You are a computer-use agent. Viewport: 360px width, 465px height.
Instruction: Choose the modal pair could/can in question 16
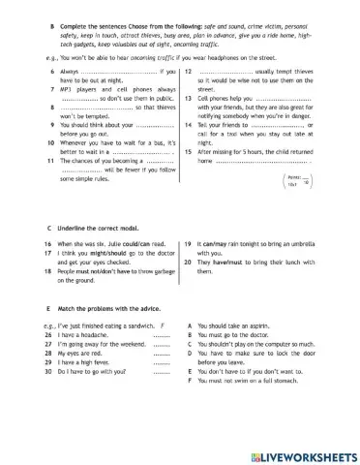pyautogui.click(x=129, y=244)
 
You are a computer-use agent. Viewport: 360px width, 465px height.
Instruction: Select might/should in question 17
pyautogui.click(x=102, y=254)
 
